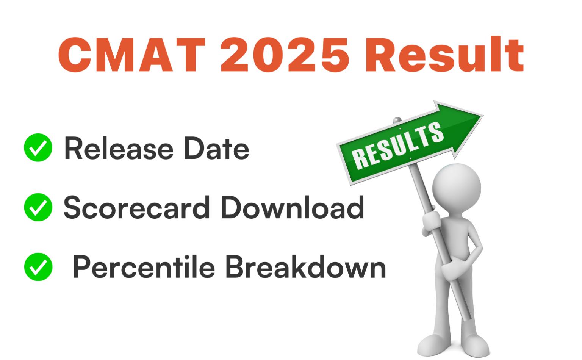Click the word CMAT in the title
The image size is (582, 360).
pyautogui.click(x=132, y=55)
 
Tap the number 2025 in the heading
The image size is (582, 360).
pyautogui.click(x=285, y=55)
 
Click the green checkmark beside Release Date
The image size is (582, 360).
pyautogui.click(x=38, y=147)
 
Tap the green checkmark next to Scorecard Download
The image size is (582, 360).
pyautogui.click(x=38, y=207)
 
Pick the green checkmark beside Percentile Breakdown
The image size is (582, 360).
pyautogui.click(x=38, y=267)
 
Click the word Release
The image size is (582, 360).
pyautogui.click(x=119, y=148)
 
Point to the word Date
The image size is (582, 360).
pyautogui.click(x=217, y=148)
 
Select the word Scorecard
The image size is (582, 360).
pyautogui.click(x=137, y=207)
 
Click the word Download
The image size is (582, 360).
pyautogui.click(x=293, y=207)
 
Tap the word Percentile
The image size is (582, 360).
pyautogui.click(x=144, y=267)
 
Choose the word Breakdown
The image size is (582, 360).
pyautogui.click(x=306, y=267)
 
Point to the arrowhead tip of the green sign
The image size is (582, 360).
pyautogui.click(x=483, y=115)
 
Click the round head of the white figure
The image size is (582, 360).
pyautogui.click(x=457, y=188)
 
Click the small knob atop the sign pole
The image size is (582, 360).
pyautogui.click(x=397, y=120)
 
